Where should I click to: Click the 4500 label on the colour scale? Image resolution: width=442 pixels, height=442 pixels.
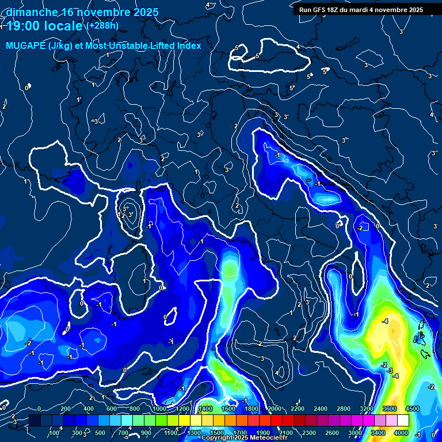(x=412, y=409)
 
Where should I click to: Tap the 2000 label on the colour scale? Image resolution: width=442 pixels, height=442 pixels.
(x=274, y=409)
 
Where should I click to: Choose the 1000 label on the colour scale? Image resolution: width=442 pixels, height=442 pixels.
(x=159, y=409)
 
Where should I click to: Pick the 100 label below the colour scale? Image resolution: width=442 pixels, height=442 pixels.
(x=55, y=433)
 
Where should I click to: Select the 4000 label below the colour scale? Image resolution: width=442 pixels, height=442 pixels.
(x=401, y=433)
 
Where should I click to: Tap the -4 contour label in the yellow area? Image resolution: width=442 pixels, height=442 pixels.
(x=385, y=321)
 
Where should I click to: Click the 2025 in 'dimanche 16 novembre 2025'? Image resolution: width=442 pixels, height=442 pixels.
(x=147, y=12)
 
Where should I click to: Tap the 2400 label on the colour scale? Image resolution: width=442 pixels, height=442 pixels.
(x=320, y=409)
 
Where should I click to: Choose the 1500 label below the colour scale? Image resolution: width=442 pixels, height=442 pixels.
(x=216, y=433)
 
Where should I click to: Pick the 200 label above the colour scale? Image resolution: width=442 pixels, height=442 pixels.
(x=66, y=409)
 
